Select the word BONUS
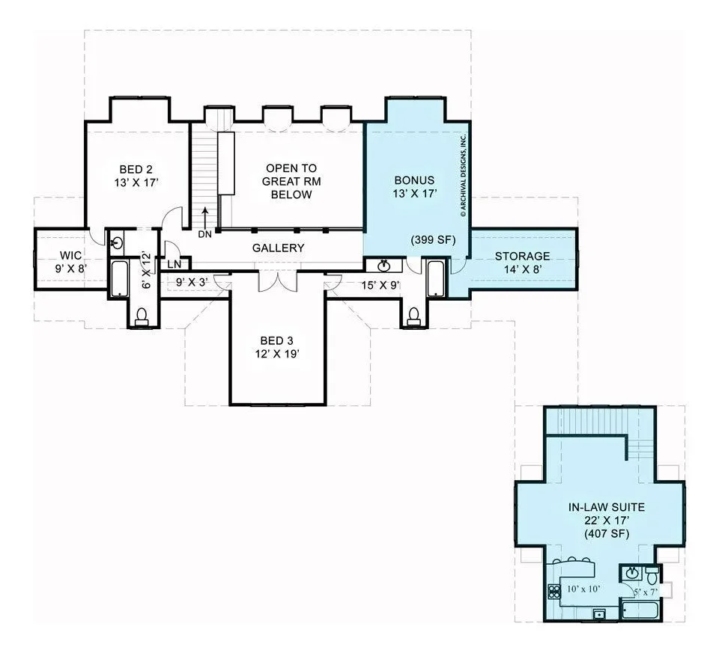click(x=414, y=180)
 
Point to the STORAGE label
click(x=522, y=257)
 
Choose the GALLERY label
click(x=279, y=248)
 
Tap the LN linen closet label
click(x=175, y=265)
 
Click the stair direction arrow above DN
click(x=205, y=217)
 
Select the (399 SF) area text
click(x=434, y=239)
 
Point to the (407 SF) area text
click(x=607, y=533)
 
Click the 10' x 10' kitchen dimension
click(x=583, y=589)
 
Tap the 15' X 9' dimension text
click(x=380, y=286)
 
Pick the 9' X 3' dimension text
click(x=192, y=283)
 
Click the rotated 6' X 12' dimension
click(x=146, y=270)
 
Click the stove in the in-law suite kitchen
click(x=554, y=592)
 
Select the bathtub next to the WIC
click(x=120, y=278)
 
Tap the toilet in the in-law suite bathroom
click(x=652, y=574)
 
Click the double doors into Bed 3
click(x=278, y=281)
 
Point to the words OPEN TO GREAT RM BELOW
click(x=291, y=181)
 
